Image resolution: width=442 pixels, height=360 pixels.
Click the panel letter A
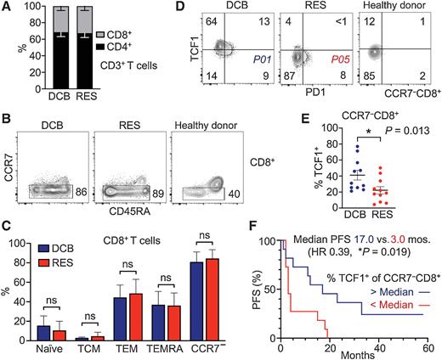click(7, 8)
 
